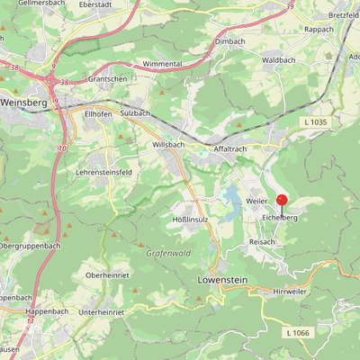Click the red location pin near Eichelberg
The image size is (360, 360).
[x=282, y=201]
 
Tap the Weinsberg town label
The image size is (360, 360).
[x=22, y=103]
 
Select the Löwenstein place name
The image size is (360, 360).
[x=220, y=280]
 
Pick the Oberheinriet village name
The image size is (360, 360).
[x=110, y=274]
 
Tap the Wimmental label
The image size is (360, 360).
[x=164, y=65]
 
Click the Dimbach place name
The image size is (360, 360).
[x=230, y=41]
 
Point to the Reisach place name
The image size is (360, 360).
[x=262, y=243]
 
